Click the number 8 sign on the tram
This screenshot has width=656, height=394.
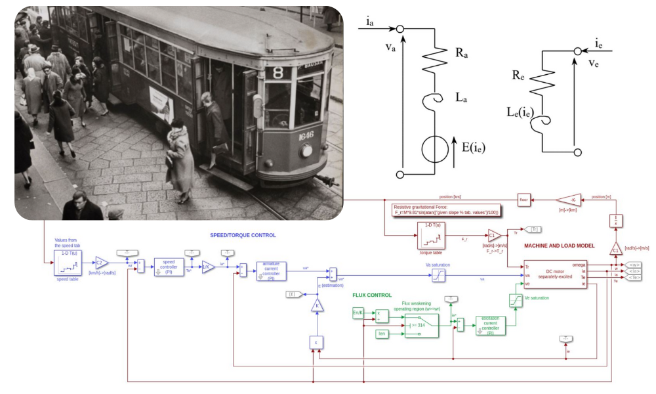point(278,72)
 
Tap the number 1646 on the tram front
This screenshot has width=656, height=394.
point(306,137)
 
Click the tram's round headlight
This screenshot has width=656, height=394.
point(306,151)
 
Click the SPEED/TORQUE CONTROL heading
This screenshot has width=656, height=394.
point(243,235)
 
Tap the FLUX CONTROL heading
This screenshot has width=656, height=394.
point(372,295)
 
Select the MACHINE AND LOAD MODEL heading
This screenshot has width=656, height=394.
point(559,246)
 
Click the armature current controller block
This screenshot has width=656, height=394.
point(271,271)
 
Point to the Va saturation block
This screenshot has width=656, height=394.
point(438,276)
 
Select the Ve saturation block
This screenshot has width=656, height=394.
point(515,299)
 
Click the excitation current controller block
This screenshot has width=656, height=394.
point(490,326)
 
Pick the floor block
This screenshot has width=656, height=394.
point(523,200)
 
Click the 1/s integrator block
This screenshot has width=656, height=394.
point(616,221)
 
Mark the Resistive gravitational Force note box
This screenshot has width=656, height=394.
point(445,209)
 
